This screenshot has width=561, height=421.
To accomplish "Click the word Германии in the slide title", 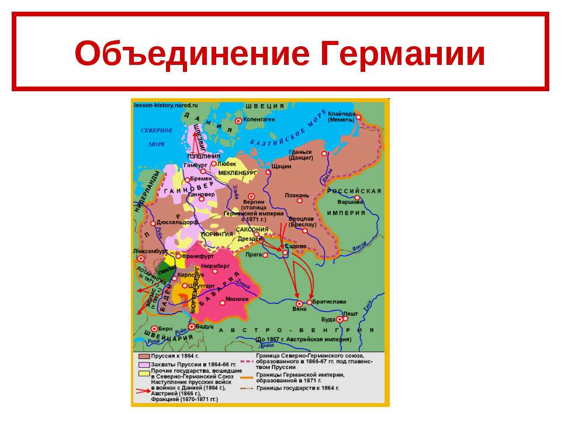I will (x=403, y=54).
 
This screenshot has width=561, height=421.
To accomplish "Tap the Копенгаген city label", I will (x=259, y=119).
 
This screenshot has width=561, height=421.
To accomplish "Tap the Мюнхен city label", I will (x=237, y=299).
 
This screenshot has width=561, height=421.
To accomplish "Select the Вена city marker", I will (x=299, y=304).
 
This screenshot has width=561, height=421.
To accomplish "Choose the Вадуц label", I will (x=205, y=327).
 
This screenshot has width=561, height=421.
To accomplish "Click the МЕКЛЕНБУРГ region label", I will (x=238, y=174).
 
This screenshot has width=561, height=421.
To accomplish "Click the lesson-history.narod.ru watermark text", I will (x=166, y=105).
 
